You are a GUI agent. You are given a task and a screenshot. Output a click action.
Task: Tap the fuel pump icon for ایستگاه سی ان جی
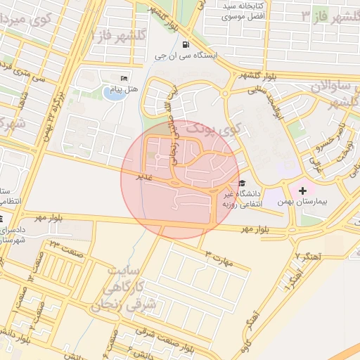tap(186, 44)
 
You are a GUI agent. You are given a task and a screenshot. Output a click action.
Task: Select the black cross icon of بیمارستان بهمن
tap(302, 191)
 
